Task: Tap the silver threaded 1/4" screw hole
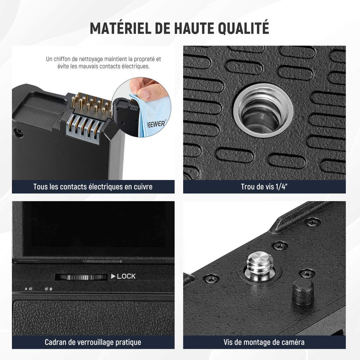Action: tap(263, 111)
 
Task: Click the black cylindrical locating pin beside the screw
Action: tap(303, 292)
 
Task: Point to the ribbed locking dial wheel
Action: tap(81, 277)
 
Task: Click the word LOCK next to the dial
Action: tap(126, 276)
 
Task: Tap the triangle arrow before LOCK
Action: tap(113, 276)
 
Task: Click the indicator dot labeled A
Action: tap(31, 289)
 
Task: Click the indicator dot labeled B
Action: tap(46, 289)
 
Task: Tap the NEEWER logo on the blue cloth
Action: tap(156, 124)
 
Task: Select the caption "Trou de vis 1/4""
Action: tap(264, 187)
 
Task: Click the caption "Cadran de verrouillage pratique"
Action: tap(93, 342)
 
